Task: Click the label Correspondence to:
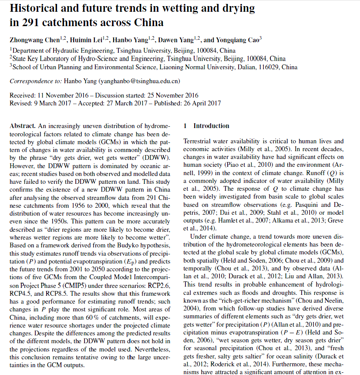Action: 36,81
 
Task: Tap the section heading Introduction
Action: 211,126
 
